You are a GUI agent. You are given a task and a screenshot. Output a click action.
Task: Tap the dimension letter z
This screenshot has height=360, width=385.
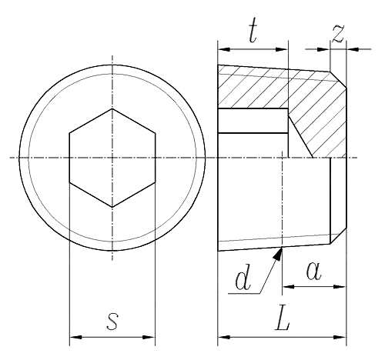coord(337,32)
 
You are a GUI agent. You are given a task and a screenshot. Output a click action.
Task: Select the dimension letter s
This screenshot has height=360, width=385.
coord(112,321)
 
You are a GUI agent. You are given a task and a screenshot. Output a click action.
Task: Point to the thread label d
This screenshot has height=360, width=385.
coord(243,279)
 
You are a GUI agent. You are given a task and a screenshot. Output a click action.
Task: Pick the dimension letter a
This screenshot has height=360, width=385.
coord(314,271)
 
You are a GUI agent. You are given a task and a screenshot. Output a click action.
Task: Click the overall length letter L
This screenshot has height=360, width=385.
coord(283,321)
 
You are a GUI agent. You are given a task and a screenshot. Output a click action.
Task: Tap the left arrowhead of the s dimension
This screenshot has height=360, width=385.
coord(74,336)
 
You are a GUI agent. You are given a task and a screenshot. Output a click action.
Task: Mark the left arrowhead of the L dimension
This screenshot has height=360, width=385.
coord(223,336)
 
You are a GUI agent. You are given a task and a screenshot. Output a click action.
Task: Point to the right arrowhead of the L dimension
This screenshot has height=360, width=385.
coord(342,336)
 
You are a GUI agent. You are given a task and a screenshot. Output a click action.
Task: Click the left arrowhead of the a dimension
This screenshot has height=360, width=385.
coord(287,287)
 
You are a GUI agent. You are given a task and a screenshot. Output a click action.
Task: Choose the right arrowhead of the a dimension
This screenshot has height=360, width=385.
coord(342,287)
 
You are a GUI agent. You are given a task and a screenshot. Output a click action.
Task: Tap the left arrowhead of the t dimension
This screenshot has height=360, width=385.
coord(223,48)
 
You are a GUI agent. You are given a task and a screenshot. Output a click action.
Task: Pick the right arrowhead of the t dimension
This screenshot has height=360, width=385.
coord(283,48)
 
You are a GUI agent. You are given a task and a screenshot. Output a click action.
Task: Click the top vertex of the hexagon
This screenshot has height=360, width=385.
coord(112,108)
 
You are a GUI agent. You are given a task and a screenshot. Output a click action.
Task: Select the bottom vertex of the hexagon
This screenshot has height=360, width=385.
coord(112,207)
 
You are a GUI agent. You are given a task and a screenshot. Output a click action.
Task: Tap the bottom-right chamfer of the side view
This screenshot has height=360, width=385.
coord(338,235)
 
